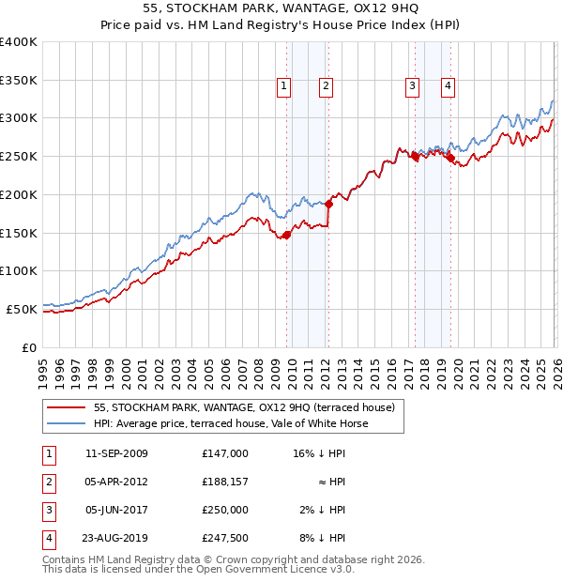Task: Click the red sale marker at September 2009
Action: tap(286, 235)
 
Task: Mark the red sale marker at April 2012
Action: tap(328, 204)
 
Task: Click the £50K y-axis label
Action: tap(22, 309)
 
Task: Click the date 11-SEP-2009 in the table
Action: tap(116, 453)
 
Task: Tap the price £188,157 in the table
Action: tap(225, 482)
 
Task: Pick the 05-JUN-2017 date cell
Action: tap(116, 510)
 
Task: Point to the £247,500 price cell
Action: tap(225, 538)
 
